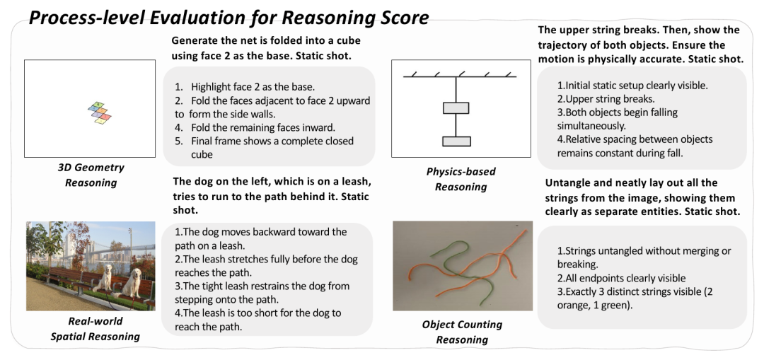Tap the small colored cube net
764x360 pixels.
[x=100, y=113]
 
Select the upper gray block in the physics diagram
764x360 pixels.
[x=456, y=108]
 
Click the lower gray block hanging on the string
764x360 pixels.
[x=456, y=141]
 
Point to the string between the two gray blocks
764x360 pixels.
[x=456, y=125]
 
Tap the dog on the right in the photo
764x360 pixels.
[x=132, y=284]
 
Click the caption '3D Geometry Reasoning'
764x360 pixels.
[x=91, y=175]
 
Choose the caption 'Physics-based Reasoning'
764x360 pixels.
[x=461, y=179]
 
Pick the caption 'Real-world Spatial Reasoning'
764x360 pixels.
[x=95, y=329]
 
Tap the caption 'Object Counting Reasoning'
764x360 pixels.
[x=462, y=332]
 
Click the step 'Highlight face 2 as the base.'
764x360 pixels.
[x=253, y=87]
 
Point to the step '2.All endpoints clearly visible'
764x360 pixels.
[x=621, y=278]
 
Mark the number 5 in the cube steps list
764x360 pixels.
[x=179, y=141]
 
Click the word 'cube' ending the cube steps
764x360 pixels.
[x=202, y=155]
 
